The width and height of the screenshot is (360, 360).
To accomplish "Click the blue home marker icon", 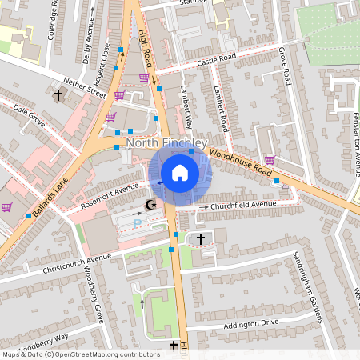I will click(180, 173).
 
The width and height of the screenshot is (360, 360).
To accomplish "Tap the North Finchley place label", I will click(166, 143).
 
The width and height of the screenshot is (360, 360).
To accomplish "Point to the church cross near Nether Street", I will click(58, 96).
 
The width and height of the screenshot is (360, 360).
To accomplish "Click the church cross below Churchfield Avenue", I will click(200, 238).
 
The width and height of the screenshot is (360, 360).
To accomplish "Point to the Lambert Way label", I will click(187, 108).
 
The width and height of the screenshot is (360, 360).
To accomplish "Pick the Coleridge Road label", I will click(54, 20).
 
